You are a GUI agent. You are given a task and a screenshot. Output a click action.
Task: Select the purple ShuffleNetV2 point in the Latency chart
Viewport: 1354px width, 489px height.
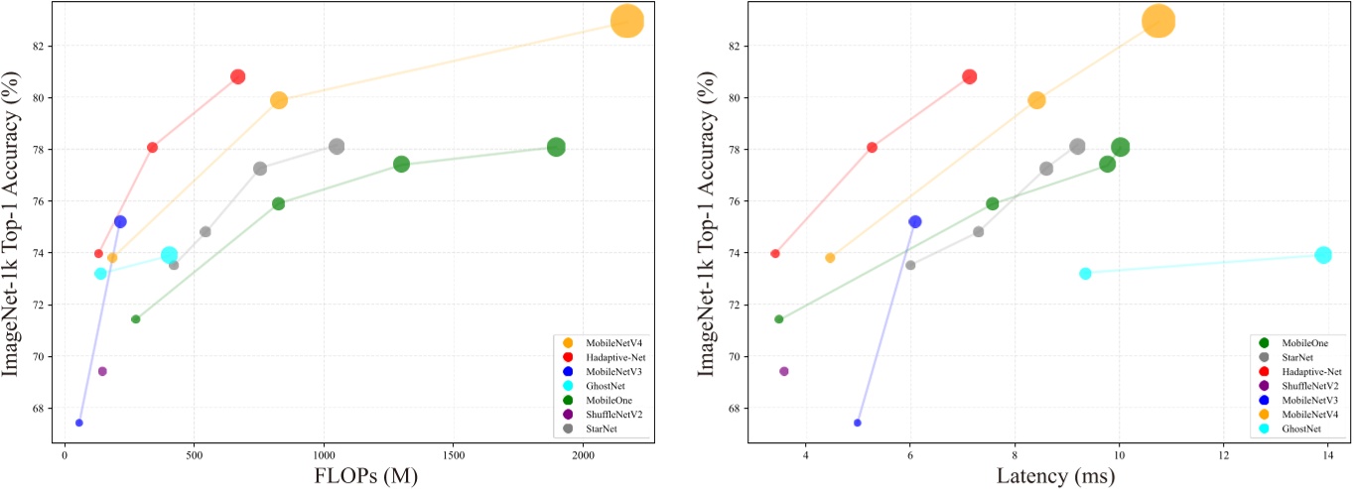783,371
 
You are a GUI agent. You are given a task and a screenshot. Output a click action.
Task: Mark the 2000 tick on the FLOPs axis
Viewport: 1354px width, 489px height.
583,455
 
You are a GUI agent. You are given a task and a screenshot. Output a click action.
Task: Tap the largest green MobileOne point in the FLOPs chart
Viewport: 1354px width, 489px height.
556,147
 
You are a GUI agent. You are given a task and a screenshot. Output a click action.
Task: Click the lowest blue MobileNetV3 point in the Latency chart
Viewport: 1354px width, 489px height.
858,423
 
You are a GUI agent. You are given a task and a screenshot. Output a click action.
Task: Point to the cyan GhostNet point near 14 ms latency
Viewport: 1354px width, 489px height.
1322,255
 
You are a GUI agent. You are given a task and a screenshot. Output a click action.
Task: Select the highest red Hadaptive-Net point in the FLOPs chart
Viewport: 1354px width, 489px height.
237,76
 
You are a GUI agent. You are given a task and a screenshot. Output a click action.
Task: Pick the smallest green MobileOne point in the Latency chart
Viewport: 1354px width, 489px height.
778,318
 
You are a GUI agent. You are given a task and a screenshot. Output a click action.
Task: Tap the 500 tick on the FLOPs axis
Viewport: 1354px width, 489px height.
194,455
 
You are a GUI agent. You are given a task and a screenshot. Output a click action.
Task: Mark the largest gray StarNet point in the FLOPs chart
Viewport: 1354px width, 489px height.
337,146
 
